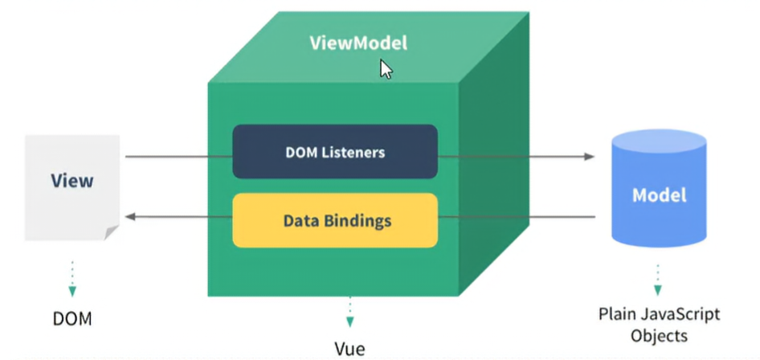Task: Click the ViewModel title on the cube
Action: point(358,43)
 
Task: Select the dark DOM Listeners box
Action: point(335,151)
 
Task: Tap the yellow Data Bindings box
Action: point(335,219)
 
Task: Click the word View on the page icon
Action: point(72,180)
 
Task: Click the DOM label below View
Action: point(72,319)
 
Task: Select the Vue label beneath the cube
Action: point(349,349)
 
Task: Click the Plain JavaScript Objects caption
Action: point(660,324)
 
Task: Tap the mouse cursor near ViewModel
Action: point(386,69)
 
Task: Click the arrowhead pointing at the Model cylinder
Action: point(590,157)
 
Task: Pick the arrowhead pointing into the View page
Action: point(129,216)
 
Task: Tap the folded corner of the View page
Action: point(112,232)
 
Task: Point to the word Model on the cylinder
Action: point(659,195)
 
